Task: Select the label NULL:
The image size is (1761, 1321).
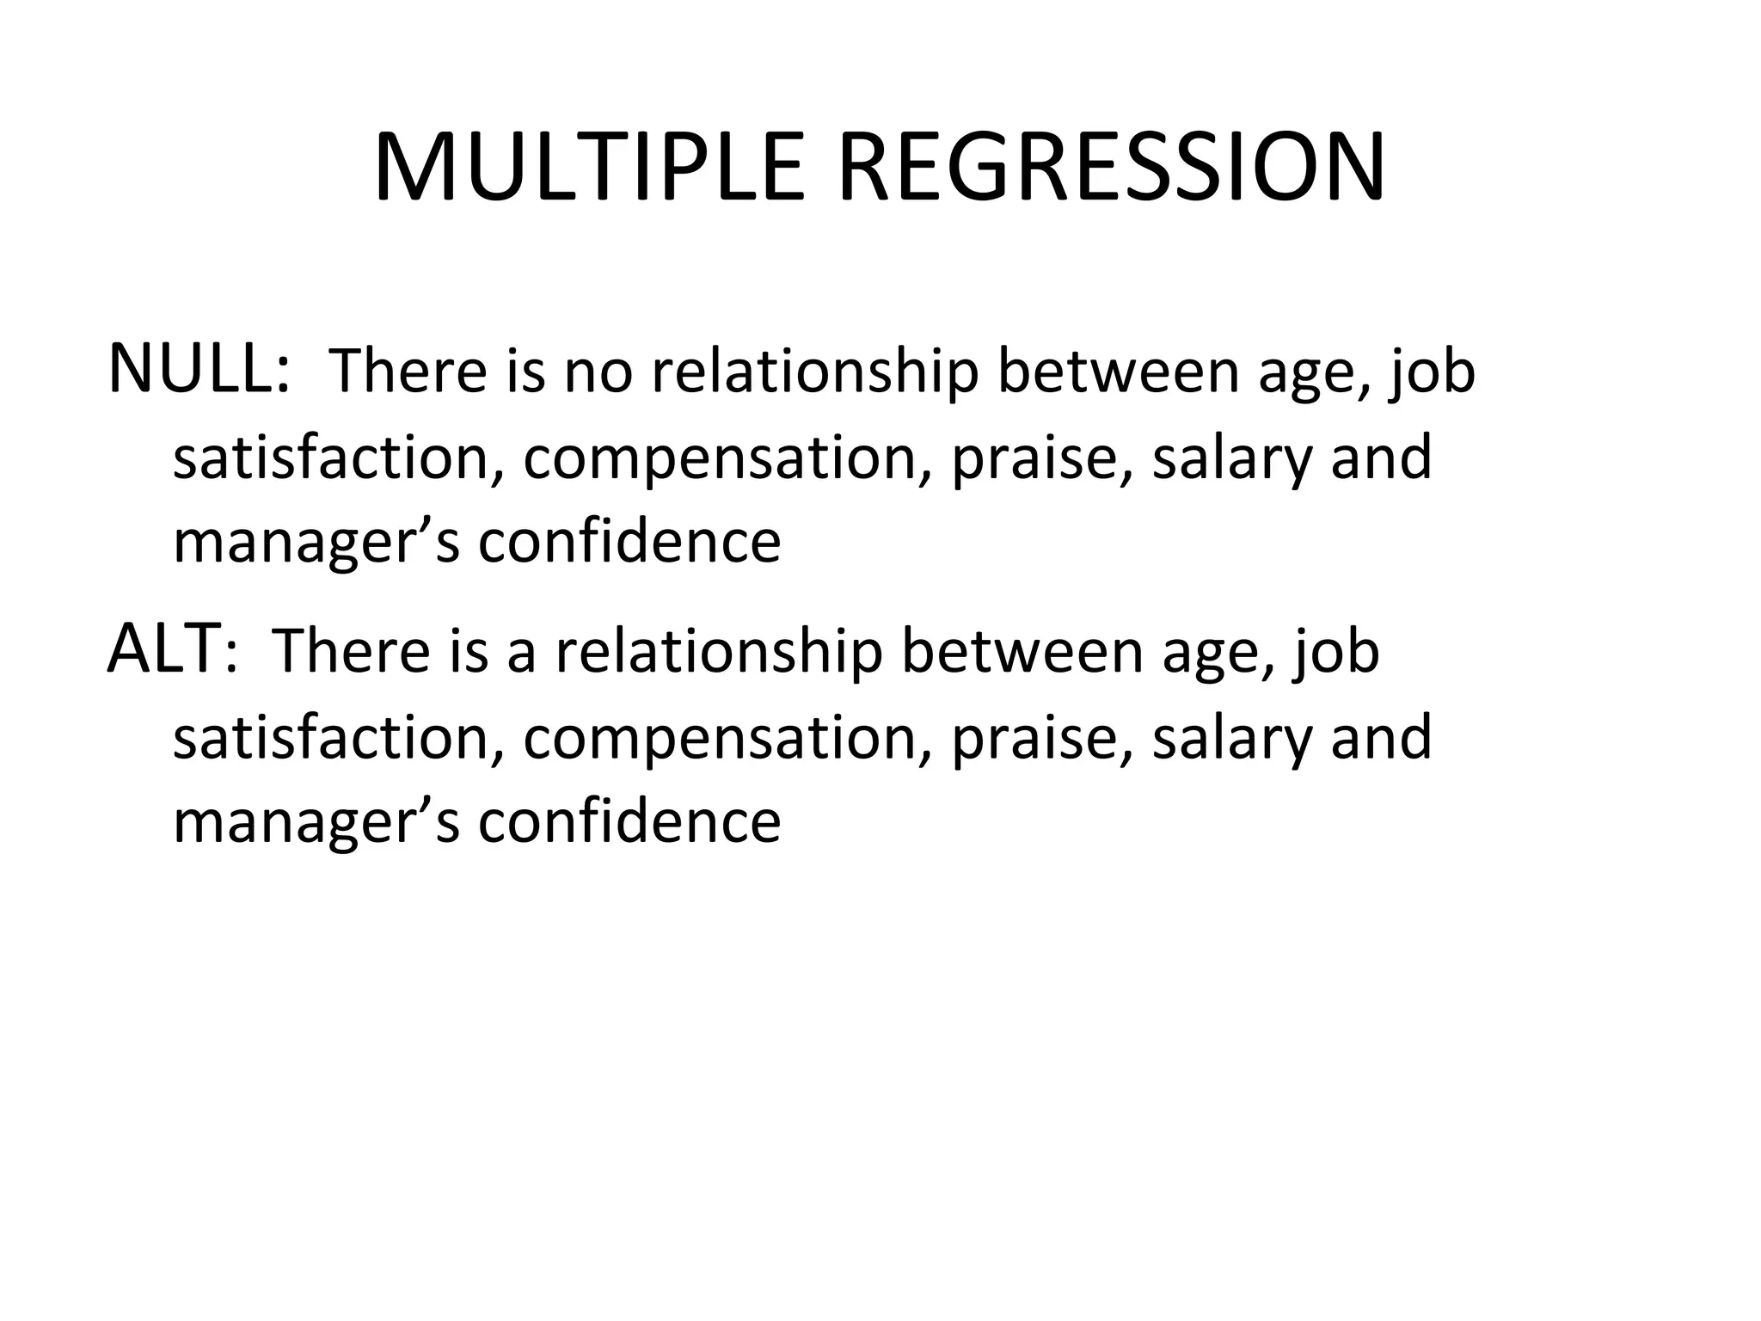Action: (199, 369)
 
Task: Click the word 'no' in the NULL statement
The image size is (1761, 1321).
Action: (598, 372)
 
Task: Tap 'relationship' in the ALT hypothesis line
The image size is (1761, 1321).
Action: (719, 652)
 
